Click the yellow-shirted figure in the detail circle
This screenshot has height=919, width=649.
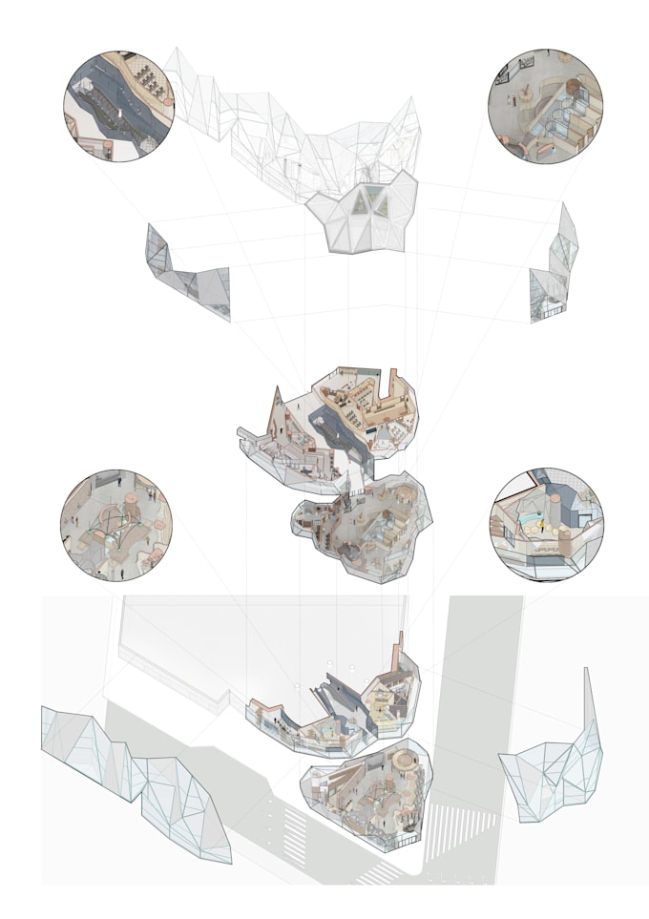point(545,524)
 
